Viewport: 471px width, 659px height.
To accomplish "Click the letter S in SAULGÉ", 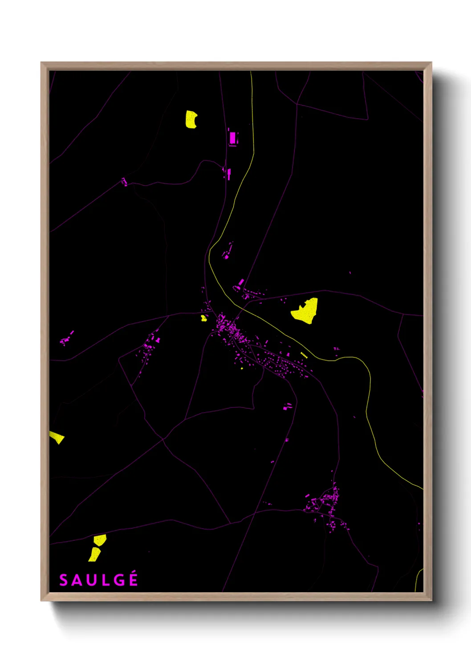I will [64, 580].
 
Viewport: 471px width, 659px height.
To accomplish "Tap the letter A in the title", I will [77, 580].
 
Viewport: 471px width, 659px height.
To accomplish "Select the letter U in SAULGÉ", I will [91, 580].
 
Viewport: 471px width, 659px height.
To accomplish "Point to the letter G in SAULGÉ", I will [118, 580].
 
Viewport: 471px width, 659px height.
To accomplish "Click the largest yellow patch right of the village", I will [306, 311].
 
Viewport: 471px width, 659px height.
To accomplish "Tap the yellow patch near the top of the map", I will [191, 119].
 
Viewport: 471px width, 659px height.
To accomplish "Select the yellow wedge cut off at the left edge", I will [57, 437].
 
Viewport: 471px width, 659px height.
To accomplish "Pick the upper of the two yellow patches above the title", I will [100, 540].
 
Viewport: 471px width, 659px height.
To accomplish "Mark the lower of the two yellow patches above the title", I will [94, 554].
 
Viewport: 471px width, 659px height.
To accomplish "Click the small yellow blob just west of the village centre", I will [203, 318].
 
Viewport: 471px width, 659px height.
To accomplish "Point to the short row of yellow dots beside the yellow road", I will [304, 355].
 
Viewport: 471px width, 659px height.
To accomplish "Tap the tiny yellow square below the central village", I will [242, 368].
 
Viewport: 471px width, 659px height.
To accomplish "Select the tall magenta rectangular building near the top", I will [232, 138].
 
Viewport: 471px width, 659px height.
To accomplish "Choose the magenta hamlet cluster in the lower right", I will [327, 505].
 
